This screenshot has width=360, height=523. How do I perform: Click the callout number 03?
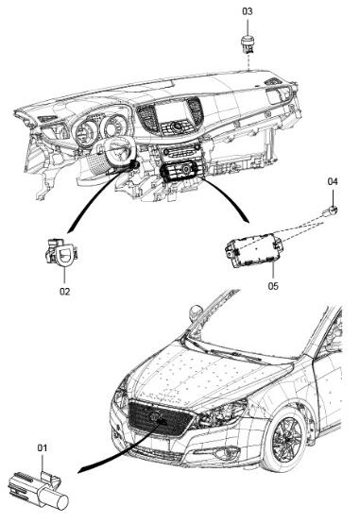(248, 11)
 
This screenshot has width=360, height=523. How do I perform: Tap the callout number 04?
(333, 181)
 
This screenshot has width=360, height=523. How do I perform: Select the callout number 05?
(273, 286)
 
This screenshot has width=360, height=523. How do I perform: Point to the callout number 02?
(65, 291)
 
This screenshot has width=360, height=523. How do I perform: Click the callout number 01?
(43, 447)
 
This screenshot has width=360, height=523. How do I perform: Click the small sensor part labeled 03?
(248, 44)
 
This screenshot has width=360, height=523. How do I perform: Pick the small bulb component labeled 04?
(330, 211)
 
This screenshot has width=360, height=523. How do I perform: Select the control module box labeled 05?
(254, 251)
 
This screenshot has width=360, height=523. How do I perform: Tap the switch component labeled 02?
(62, 252)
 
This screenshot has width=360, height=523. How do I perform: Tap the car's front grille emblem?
(154, 416)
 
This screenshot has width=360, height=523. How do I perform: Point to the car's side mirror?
(196, 312)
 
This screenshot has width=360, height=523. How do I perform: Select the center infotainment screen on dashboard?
(171, 112)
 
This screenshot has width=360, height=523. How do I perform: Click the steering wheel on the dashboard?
(114, 151)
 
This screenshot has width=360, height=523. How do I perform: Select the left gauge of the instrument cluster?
(85, 132)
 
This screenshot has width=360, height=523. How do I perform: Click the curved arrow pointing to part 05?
(231, 197)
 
